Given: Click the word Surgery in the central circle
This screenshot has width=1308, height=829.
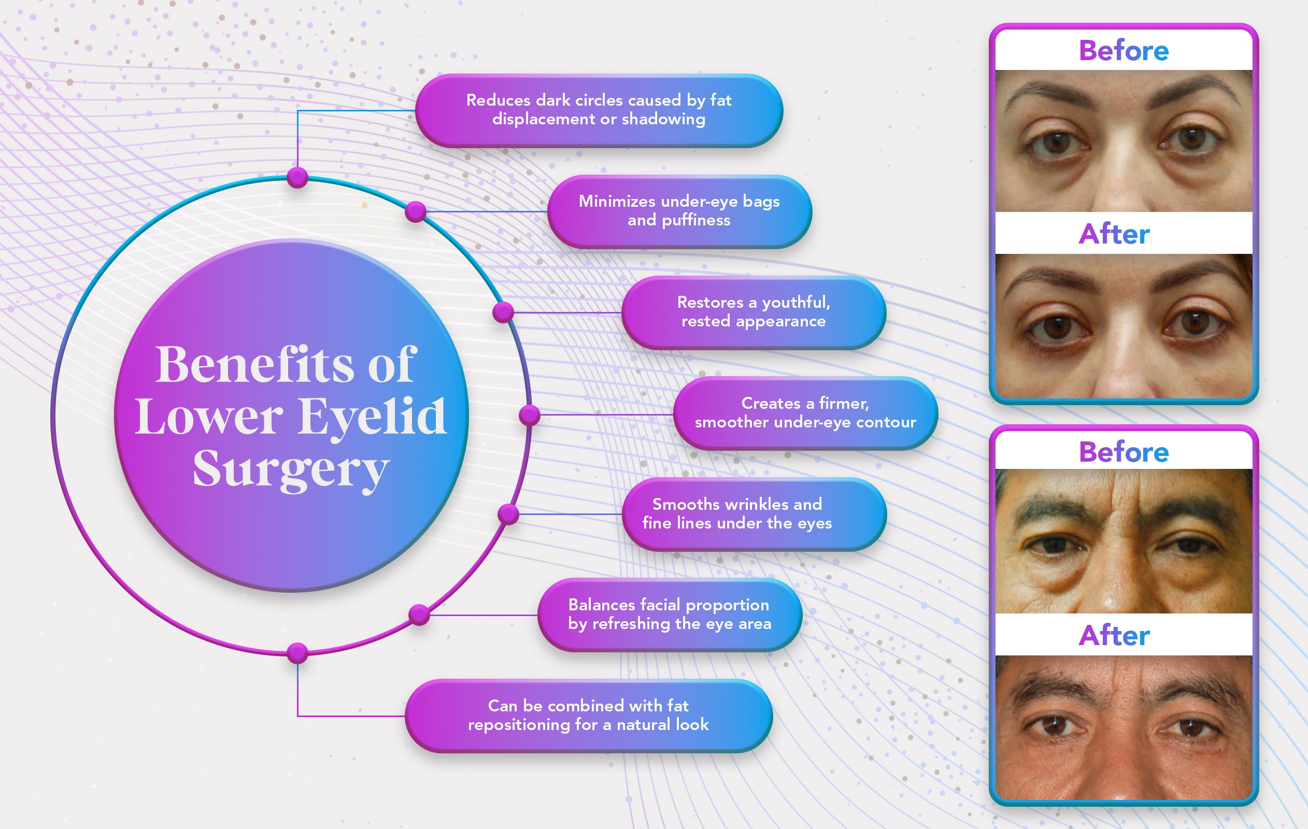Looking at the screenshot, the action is pyautogui.click(x=291, y=469).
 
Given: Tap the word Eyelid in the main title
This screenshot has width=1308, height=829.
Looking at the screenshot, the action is pyautogui.click(x=373, y=417).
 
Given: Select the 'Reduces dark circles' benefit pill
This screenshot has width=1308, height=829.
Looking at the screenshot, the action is pyautogui.click(x=599, y=110).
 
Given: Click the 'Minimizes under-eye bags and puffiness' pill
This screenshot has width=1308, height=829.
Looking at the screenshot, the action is pyautogui.click(x=679, y=211).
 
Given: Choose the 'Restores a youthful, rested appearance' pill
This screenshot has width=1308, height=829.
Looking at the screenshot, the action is pyautogui.click(x=753, y=312).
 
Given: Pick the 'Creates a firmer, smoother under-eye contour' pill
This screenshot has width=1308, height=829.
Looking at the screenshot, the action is pyautogui.click(x=805, y=413).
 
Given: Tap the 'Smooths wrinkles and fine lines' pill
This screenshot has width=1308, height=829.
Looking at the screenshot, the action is pyautogui.click(x=754, y=514).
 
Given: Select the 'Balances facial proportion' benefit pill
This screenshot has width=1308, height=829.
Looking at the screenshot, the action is pyautogui.click(x=670, y=614).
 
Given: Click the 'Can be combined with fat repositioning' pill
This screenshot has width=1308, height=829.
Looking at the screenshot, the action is pyautogui.click(x=588, y=716).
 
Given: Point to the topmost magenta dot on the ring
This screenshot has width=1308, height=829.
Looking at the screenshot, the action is pyautogui.click(x=297, y=177).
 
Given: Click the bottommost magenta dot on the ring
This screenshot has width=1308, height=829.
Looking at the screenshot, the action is pyautogui.click(x=297, y=653).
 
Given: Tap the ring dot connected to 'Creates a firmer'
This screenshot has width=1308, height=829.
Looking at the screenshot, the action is pyautogui.click(x=529, y=416).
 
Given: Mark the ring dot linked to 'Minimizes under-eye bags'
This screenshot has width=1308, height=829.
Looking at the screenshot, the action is pyautogui.click(x=416, y=211).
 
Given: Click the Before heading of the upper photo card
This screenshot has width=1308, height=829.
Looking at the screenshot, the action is pyautogui.click(x=1124, y=51).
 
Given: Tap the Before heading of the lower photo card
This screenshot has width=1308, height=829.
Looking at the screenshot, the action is pyautogui.click(x=1124, y=452).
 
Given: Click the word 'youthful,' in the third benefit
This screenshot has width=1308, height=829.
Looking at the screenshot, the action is pyautogui.click(x=796, y=303).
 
